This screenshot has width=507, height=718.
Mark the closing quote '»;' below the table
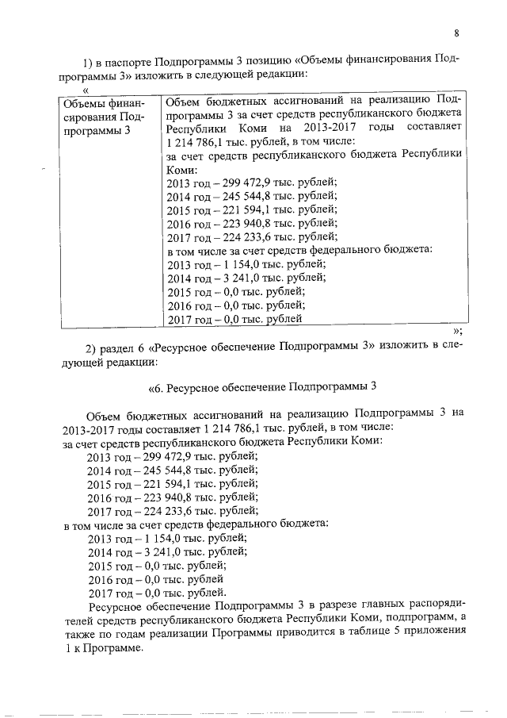456,331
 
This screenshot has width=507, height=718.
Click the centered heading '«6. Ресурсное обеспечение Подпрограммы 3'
261,387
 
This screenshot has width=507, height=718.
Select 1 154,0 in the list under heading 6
167,539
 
